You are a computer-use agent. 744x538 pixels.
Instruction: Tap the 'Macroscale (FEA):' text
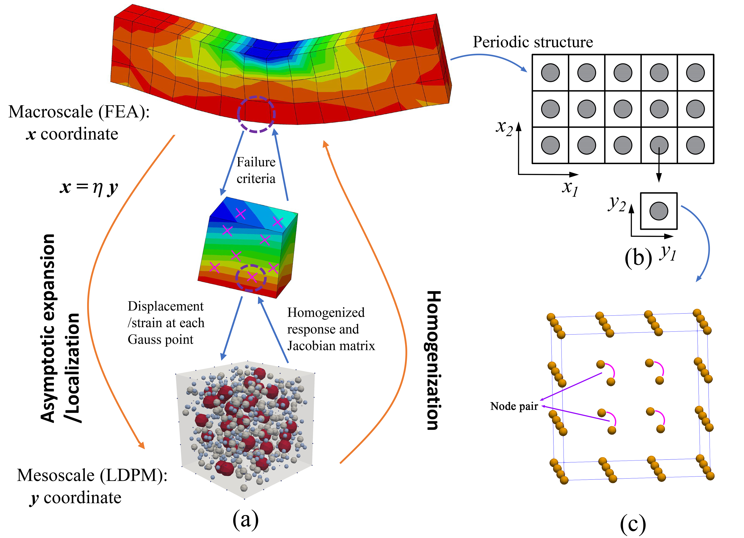79,112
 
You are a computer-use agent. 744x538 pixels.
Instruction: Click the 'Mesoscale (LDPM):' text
92,475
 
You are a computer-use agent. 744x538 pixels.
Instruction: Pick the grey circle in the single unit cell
658,211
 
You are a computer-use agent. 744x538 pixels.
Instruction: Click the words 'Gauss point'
160,339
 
